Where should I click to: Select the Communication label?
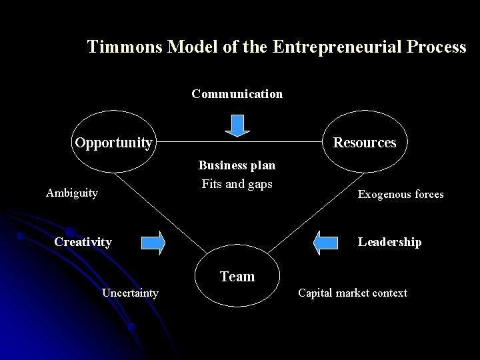click(x=237, y=94)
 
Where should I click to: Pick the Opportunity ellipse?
click(x=113, y=143)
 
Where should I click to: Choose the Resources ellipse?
click(x=364, y=143)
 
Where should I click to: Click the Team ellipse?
click(x=237, y=276)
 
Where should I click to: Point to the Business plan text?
click(x=237, y=165)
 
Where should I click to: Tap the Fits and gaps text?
click(x=237, y=184)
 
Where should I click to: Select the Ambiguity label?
click(x=72, y=193)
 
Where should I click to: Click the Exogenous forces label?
click(x=401, y=195)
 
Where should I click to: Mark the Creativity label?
click(x=83, y=241)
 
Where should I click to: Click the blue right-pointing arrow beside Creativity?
click(x=153, y=243)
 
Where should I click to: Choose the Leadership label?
click(x=389, y=241)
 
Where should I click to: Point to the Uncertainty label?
click(x=130, y=293)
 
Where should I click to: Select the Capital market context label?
click(x=352, y=293)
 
